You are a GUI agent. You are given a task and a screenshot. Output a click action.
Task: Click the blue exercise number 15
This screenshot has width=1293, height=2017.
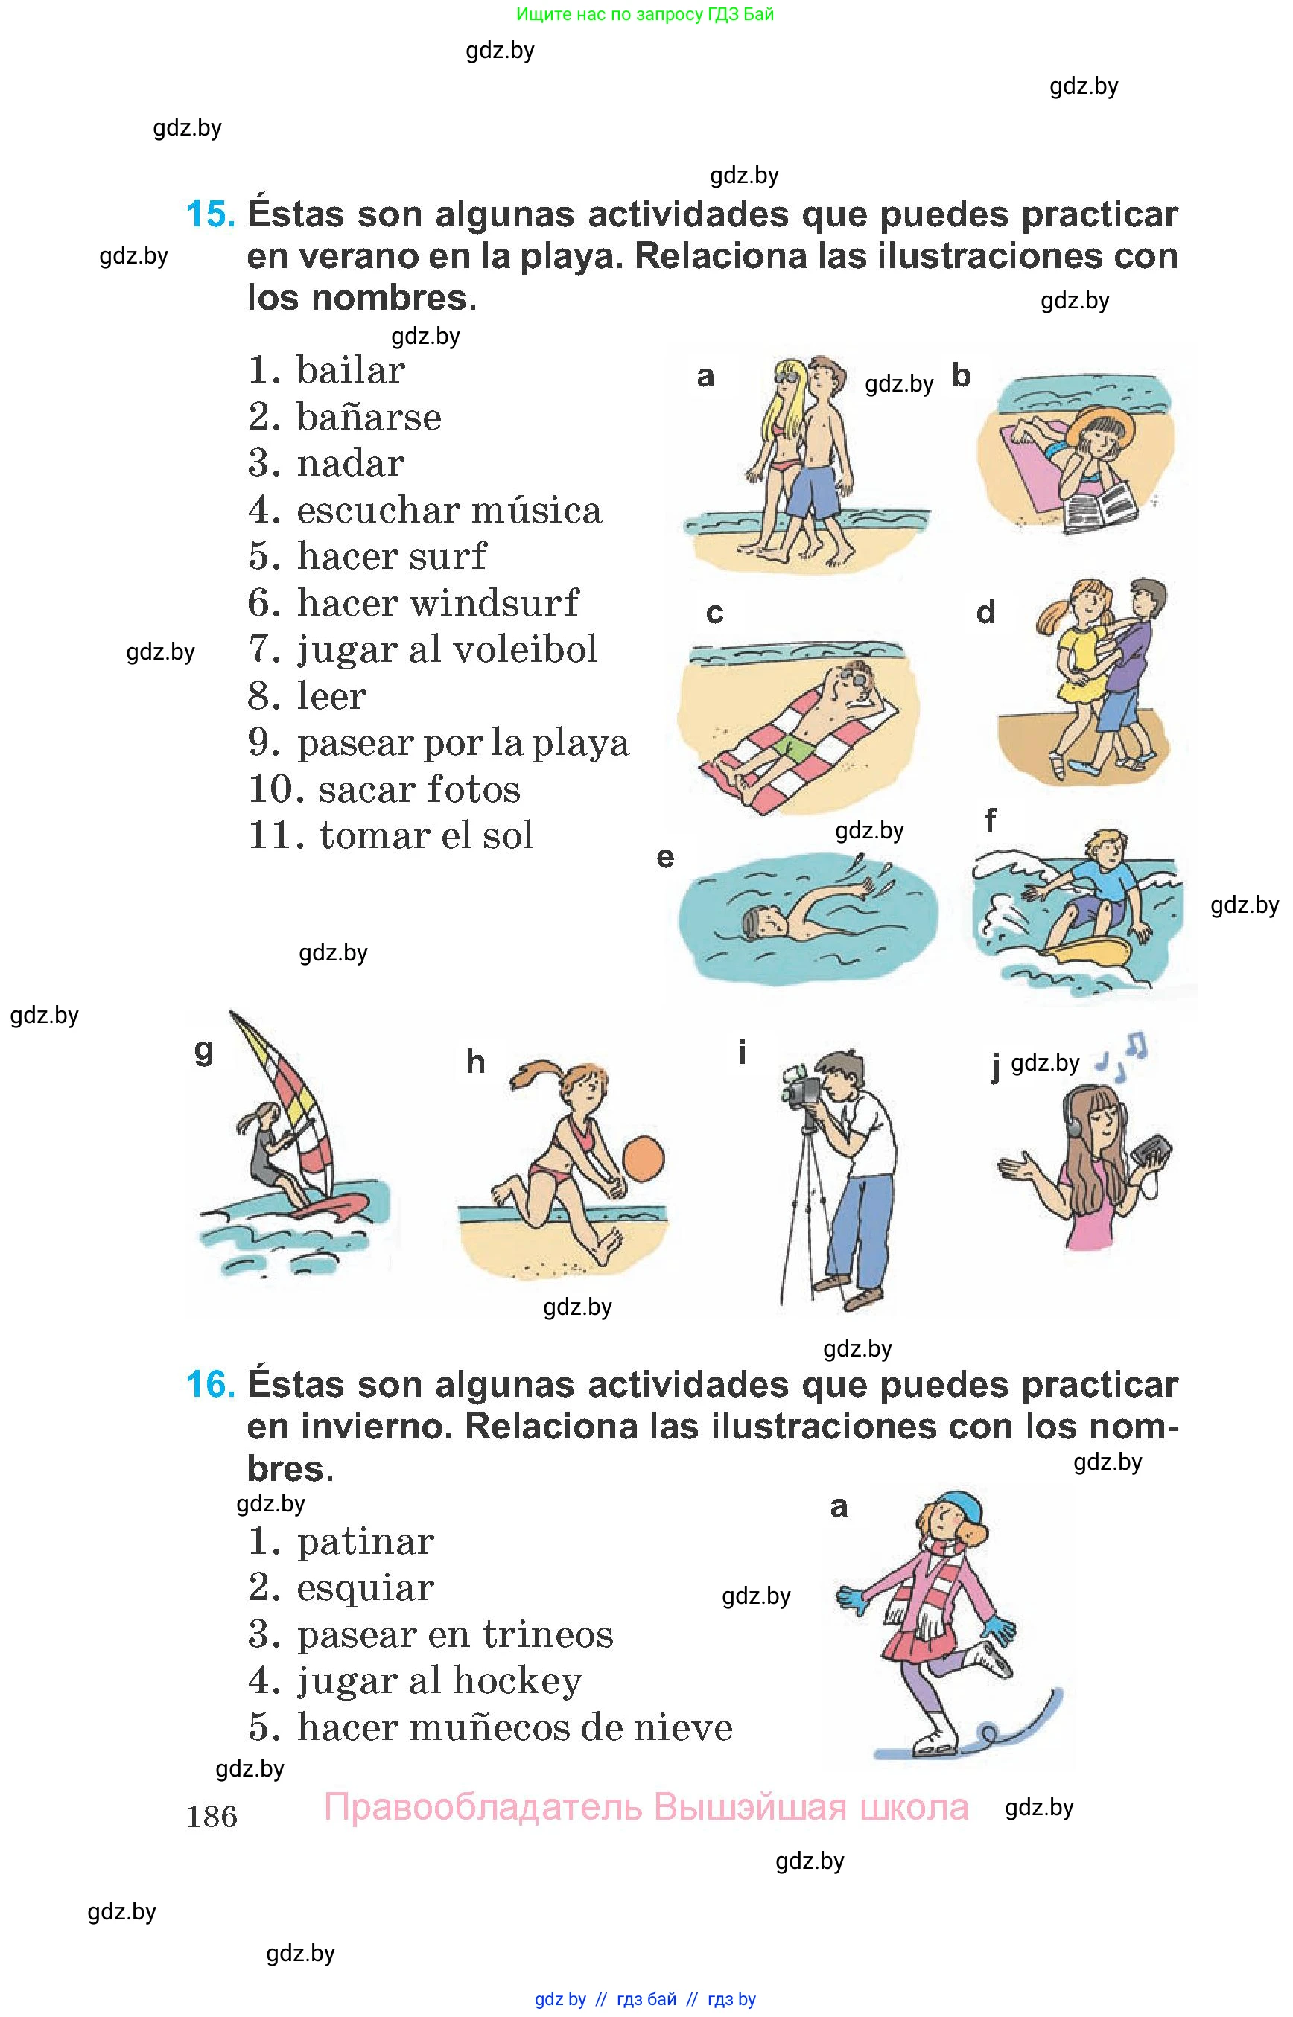tap(210, 214)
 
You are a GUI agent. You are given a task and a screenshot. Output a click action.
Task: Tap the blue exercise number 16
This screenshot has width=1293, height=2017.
tap(210, 1384)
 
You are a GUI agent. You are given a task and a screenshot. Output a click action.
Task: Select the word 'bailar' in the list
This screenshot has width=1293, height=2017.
tap(351, 370)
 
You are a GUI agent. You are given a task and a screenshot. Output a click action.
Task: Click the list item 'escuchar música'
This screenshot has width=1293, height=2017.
tap(449, 509)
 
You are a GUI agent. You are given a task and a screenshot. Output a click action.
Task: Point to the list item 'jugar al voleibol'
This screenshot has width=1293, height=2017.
tap(448, 650)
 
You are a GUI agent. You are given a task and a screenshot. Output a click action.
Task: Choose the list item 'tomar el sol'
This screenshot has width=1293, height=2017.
tap(427, 835)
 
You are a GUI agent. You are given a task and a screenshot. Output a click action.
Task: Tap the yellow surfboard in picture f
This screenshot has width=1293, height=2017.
tap(1091, 955)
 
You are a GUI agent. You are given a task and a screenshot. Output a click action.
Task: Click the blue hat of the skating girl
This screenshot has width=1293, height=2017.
tap(959, 1507)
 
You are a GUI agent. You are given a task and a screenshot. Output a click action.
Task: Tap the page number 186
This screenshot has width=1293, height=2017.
tap(212, 1817)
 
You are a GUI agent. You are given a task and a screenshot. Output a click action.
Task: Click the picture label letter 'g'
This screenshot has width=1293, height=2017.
tap(203, 1051)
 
